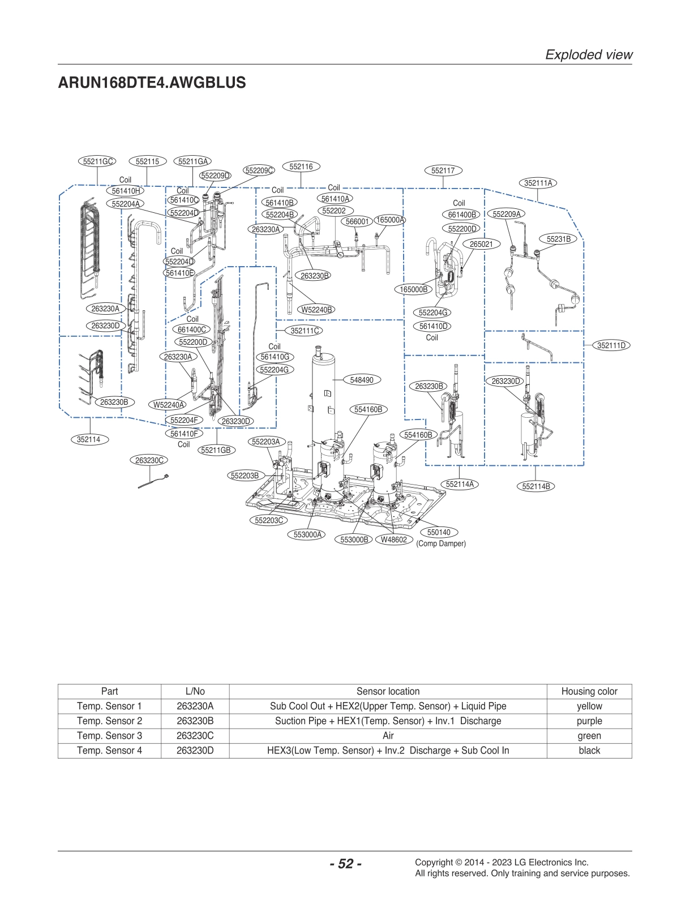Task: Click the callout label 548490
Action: [362, 380]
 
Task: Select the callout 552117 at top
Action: [443, 170]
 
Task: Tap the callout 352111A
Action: [538, 183]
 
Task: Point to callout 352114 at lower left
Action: [89, 439]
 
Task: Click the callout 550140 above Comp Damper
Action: [439, 532]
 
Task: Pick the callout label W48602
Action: [393, 540]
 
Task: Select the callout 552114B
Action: [535, 486]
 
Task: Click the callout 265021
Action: [481, 244]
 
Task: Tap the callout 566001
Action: [357, 221]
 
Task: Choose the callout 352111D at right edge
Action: [611, 345]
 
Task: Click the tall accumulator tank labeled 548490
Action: [323, 396]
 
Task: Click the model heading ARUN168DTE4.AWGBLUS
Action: [152, 83]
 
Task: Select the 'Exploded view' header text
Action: [588, 54]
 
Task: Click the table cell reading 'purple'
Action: [589, 721]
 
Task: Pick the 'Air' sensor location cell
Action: [388, 735]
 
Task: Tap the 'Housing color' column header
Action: [589, 691]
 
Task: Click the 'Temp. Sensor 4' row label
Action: [109, 750]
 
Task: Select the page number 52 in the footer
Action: [345, 863]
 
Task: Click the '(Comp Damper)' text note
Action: [441, 543]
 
